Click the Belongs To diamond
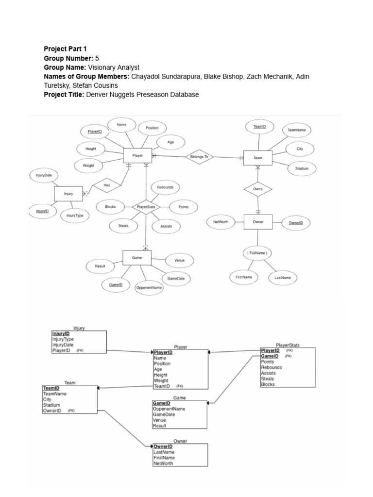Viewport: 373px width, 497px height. point(199,157)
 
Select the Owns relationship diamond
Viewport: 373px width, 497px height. point(257,189)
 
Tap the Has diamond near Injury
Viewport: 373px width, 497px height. point(106,185)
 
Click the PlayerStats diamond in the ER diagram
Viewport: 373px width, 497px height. point(146,207)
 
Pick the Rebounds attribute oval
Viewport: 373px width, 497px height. point(165,187)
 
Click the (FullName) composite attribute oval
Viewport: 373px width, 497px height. point(257,253)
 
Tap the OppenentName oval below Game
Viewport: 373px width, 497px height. point(149,287)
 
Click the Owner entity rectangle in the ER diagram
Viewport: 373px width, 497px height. point(257,222)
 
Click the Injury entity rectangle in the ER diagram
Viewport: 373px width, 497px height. point(68,193)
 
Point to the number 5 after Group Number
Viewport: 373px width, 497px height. point(97,59)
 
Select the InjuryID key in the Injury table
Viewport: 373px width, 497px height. point(61,334)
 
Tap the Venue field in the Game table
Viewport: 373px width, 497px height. point(160,420)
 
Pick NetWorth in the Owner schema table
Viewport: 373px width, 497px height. point(163,464)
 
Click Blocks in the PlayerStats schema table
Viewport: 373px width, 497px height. point(268,384)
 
